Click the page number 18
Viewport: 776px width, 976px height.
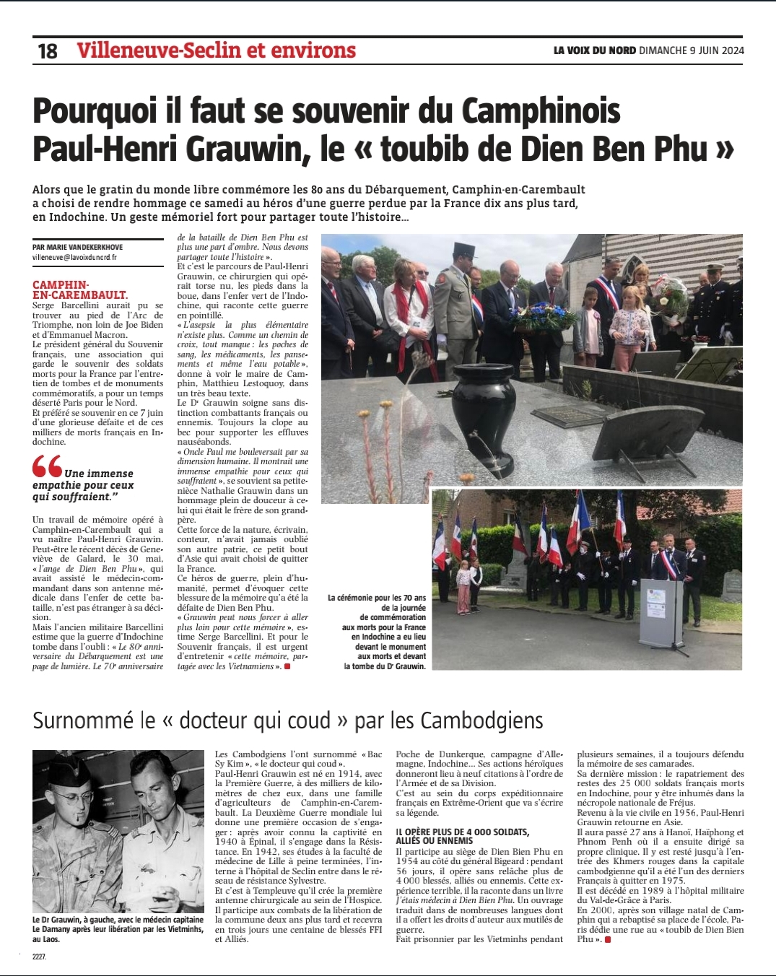(48, 51)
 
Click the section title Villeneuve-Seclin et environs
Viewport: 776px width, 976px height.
(216, 50)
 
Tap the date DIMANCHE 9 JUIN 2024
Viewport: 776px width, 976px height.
(691, 51)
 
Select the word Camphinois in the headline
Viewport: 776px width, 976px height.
(541, 111)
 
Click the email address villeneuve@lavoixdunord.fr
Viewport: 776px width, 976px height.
(74, 257)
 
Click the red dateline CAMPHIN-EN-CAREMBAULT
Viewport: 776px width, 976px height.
(79, 289)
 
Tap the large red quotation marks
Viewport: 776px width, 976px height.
(47, 466)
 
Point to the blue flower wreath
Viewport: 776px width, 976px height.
(541, 316)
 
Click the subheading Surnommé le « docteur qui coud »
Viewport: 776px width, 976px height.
(288, 720)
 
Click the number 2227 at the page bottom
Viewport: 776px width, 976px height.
(39, 957)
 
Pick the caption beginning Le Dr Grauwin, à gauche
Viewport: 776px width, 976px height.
(118, 930)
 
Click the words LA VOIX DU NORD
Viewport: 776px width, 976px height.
(595, 51)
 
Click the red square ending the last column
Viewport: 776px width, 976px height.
(608, 939)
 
